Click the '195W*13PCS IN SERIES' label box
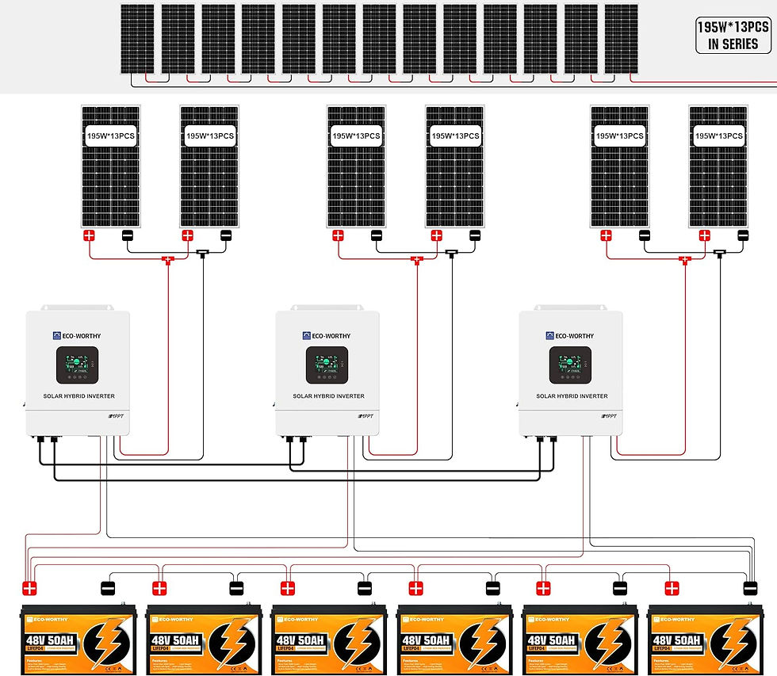click(733, 36)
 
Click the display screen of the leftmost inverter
click(77, 366)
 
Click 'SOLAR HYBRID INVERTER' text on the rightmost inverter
click(572, 396)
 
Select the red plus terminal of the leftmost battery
click(30, 589)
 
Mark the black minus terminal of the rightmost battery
click(749, 588)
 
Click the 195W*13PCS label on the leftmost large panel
click(111, 136)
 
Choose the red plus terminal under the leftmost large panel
click(90, 235)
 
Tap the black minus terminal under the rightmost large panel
click(743, 235)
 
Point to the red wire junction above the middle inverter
click(416, 259)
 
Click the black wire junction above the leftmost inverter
click(203, 254)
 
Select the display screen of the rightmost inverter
click(570, 366)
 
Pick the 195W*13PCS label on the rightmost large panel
click(718, 136)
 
